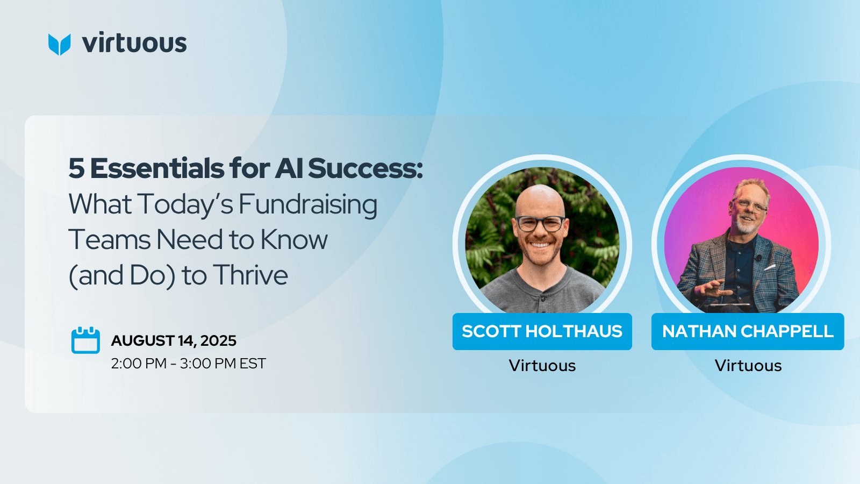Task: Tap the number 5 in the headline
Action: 76,169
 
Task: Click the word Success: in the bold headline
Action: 365,168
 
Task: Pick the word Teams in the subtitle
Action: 110,240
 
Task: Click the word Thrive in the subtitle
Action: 250,275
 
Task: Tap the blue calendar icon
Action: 85,340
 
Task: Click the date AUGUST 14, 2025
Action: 174,341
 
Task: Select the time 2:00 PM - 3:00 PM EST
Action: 188,364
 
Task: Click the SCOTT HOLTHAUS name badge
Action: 542,331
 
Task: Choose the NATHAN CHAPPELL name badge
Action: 748,331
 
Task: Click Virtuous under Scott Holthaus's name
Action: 542,365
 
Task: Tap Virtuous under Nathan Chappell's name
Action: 748,365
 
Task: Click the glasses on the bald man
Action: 540,224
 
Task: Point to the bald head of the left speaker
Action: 540,200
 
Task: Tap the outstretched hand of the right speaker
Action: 710,289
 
